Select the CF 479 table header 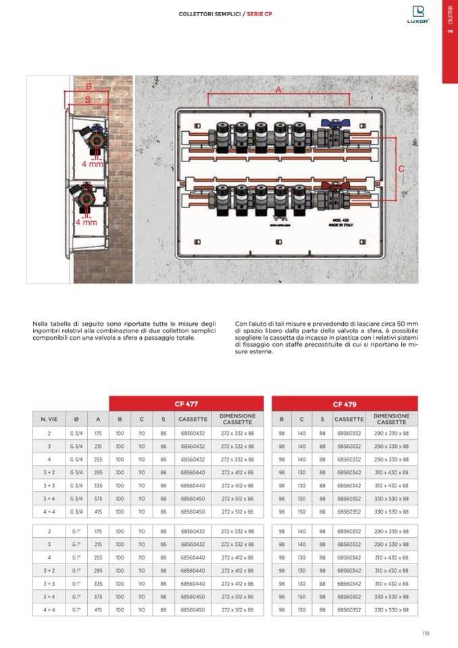click(345, 403)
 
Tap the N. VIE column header click(49, 419)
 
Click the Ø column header click(76, 419)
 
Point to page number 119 click(424, 633)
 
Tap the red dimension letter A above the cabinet click(278, 89)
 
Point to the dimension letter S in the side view click(87, 99)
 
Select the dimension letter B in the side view click(88, 86)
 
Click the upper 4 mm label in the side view click(93, 164)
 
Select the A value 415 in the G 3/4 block click(98, 511)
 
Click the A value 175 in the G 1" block click(98, 532)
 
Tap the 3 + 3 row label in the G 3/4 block click(49, 485)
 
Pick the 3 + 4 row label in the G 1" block click(49, 597)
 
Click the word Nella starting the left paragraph click(41, 324)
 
